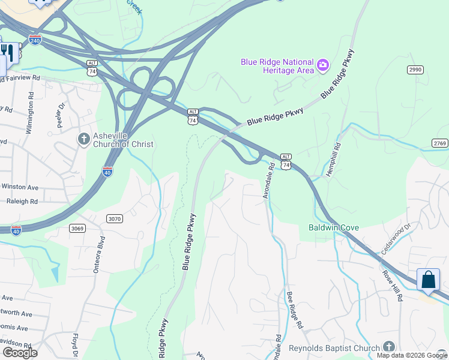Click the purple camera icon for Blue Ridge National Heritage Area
click(x=323, y=65)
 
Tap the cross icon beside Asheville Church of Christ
click(x=84, y=139)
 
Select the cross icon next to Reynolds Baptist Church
click(x=389, y=347)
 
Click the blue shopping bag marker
click(x=428, y=280)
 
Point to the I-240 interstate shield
click(x=35, y=40)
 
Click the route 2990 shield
click(x=415, y=70)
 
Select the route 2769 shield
click(x=439, y=143)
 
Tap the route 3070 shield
click(x=115, y=219)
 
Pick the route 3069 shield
click(x=77, y=228)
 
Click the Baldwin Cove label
click(x=334, y=227)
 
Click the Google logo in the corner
click(x=20, y=352)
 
